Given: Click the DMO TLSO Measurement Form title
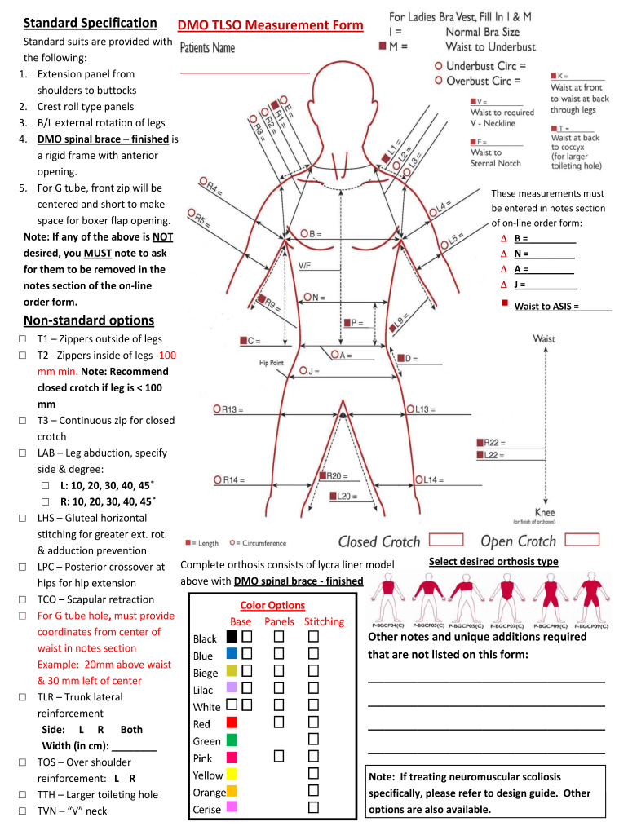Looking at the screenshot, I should pyautogui.click(x=271, y=26).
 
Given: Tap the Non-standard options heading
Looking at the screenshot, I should pyautogui.click(x=89, y=320).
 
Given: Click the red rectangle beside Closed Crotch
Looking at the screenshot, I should pyautogui.click(x=445, y=540).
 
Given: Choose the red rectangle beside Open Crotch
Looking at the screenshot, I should pyautogui.click(x=582, y=540).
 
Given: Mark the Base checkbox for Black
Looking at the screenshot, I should pyautogui.click(x=246, y=636).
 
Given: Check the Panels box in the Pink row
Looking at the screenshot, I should pyautogui.click(x=279, y=756).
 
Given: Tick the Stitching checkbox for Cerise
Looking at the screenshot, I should pyautogui.click(x=313, y=807).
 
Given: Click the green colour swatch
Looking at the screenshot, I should pyautogui.click(x=232, y=740).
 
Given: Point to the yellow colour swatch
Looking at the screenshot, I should pyautogui.click(x=232, y=774).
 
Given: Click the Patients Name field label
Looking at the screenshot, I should pyautogui.click(x=207, y=48).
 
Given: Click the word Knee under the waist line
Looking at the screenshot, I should pyautogui.click(x=544, y=513).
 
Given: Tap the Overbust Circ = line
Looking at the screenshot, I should pyautogui.click(x=481, y=81).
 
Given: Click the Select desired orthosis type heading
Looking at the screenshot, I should pyautogui.click(x=493, y=561).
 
